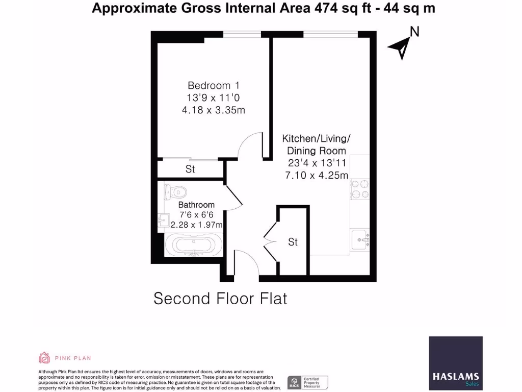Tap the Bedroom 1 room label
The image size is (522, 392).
click(x=214, y=85)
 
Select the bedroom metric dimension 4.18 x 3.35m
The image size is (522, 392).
click(x=214, y=110)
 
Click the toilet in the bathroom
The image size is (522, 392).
click(x=175, y=192)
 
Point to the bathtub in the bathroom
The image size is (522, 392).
click(x=193, y=246)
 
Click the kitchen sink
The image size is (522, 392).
click(x=361, y=239)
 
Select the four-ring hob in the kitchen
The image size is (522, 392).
click(x=360, y=188)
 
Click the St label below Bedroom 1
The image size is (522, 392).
click(x=190, y=169)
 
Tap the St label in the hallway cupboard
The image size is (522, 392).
click(x=293, y=242)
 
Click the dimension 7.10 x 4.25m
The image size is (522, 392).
click(x=317, y=175)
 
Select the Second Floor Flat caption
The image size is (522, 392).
click(x=220, y=298)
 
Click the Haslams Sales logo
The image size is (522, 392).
click(x=455, y=361)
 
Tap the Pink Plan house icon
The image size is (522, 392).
click(x=44, y=357)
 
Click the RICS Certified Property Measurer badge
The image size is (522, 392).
click(x=307, y=382)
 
